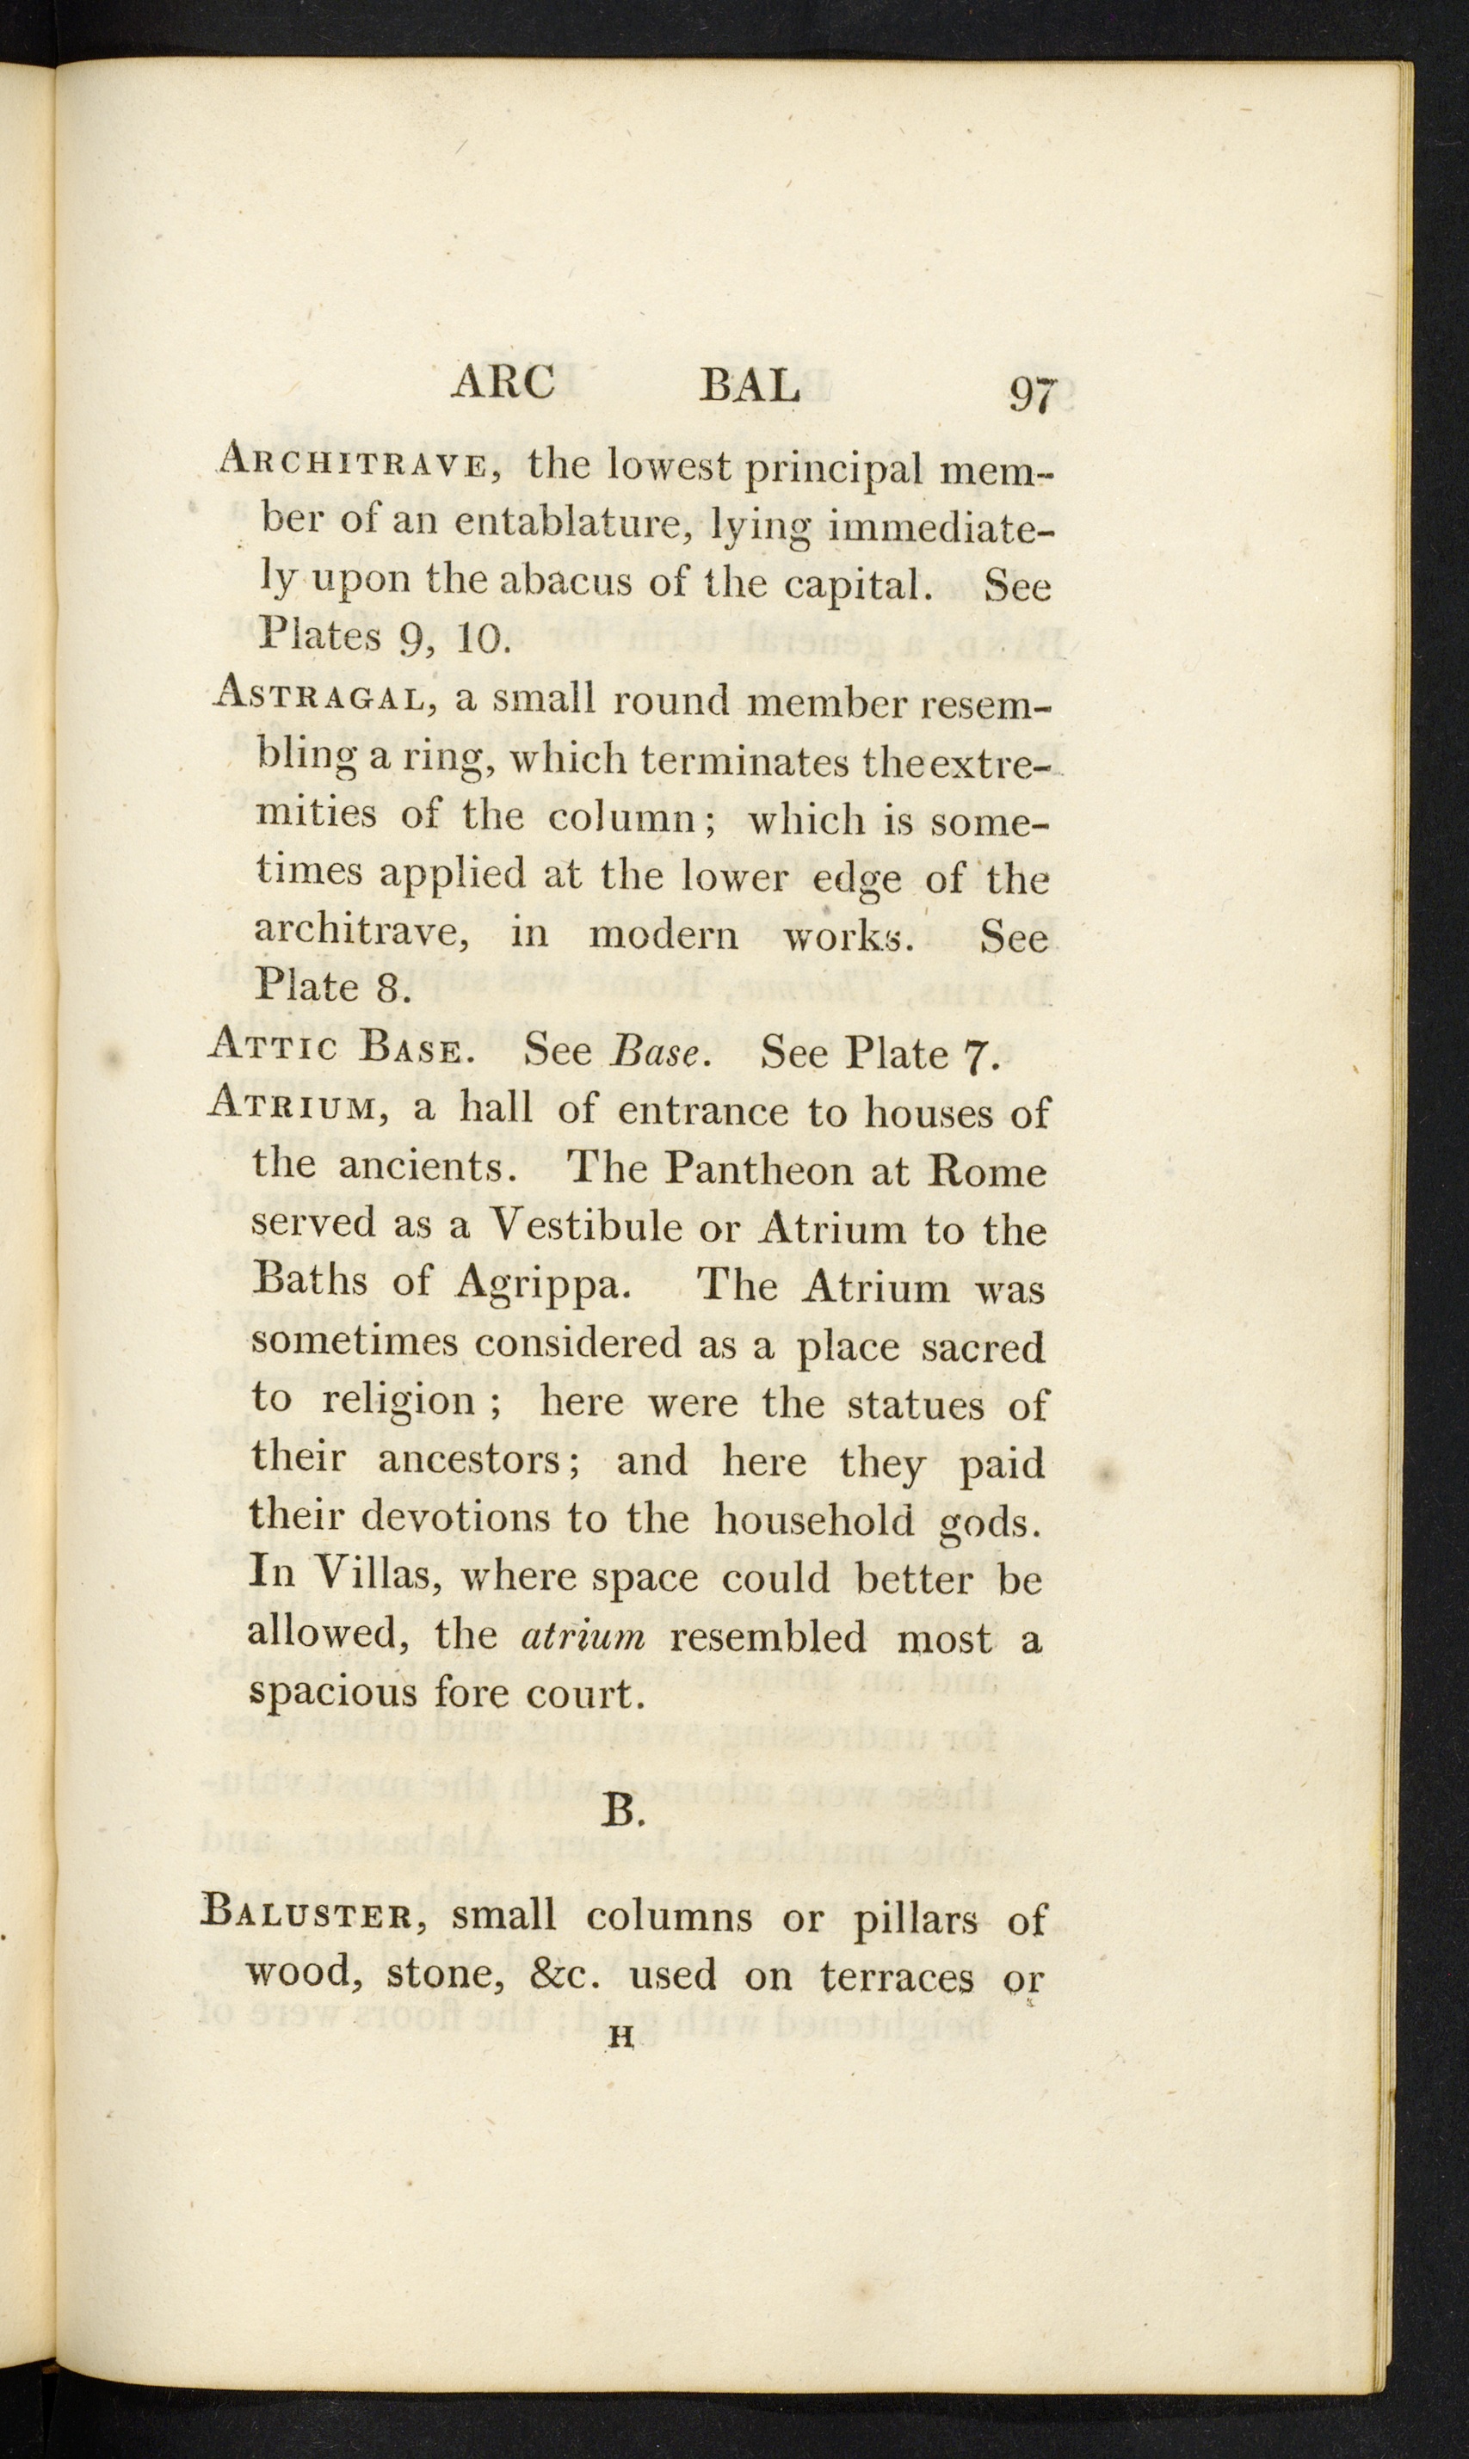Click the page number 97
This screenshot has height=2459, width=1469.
[x=1033, y=395]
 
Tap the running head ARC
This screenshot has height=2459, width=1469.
[x=503, y=383]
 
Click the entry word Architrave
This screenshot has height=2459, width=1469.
[x=351, y=461]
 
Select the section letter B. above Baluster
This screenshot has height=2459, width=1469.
[x=624, y=1810]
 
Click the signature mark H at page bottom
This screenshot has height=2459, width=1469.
[x=621, y=2037]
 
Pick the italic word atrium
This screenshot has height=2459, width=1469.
[x=583, y=1636]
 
